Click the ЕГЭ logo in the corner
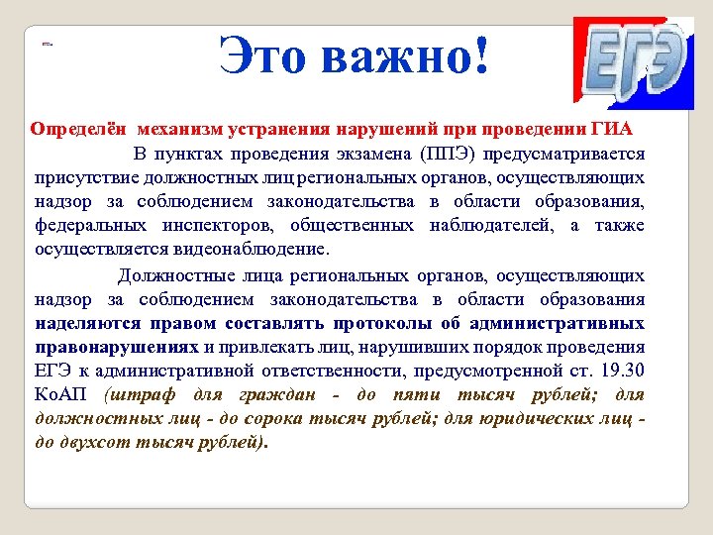634,62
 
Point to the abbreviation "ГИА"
612,130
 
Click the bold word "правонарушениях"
116,347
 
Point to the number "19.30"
621,372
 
